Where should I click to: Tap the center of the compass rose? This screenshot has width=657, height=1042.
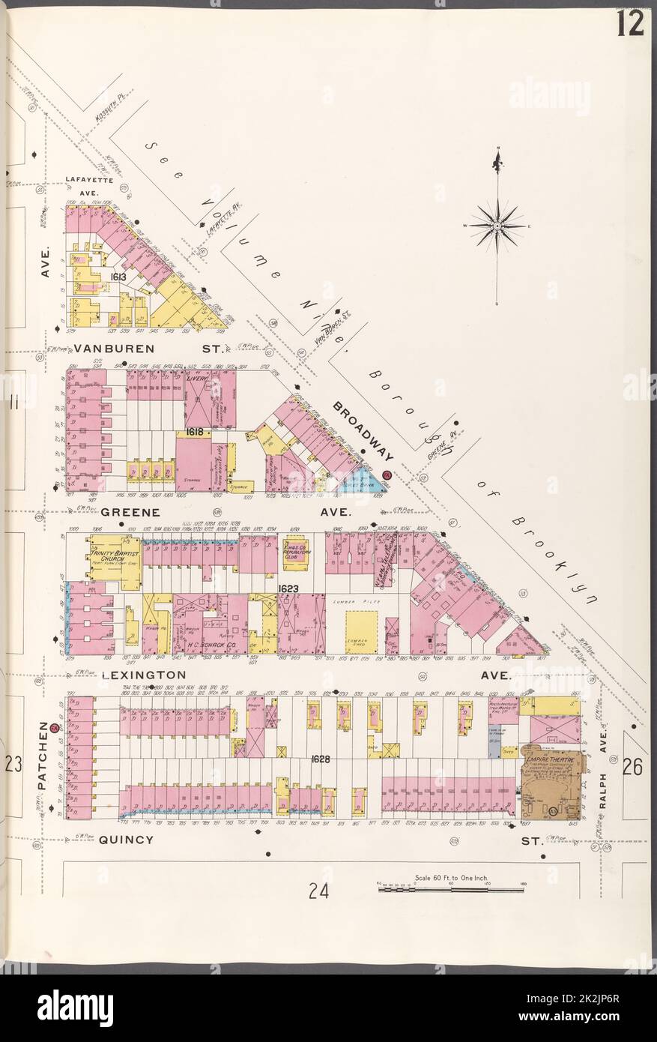tap(497, 224)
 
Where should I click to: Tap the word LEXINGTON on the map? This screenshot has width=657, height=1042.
tap(142, 675)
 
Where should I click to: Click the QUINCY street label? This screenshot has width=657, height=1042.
tap(126, 840)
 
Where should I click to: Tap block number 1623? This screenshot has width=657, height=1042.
tap(288, 589)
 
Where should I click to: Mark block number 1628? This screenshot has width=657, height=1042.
tap(321, 759)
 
